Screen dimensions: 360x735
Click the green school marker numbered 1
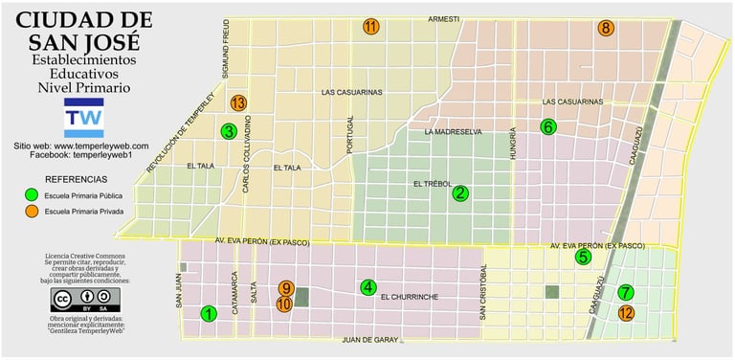click(208, 312)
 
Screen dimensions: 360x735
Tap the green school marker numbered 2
click(460, 193)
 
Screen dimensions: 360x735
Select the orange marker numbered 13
click(238, 102)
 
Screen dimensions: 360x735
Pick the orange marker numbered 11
click(370, 27)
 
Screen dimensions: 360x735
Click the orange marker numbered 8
click(605, 29)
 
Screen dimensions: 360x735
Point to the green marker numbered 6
click(547, 126)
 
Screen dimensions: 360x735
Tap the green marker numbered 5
click(583, 257)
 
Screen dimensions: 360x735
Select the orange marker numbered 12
click(626, 312)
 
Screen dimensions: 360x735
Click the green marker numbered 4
click(368, 286)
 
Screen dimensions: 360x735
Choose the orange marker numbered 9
click(285, 287)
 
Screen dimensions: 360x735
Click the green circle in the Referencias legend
click(31, 195)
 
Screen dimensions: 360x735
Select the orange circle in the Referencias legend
click(31, 211)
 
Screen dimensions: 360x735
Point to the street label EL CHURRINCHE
click(409, 298)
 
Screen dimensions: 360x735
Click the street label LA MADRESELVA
click(453, 132)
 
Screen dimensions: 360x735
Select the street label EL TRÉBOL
click(432, 184)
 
